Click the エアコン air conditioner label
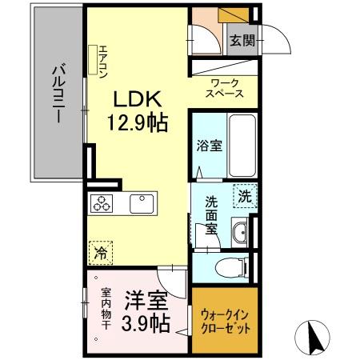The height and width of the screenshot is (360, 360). [x=103, y=63]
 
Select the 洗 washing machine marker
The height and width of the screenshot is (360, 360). [x=242, y=194]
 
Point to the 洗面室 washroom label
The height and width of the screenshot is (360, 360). [x=210, y=214]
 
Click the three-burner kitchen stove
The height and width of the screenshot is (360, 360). [x=102, y=204]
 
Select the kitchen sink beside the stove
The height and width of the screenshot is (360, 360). [x=142, y=203]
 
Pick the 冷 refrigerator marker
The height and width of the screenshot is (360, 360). [x=101, y=252]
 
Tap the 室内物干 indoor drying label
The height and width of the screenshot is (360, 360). [x=105, y=308]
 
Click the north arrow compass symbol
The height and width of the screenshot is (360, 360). [x=315, y=338]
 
